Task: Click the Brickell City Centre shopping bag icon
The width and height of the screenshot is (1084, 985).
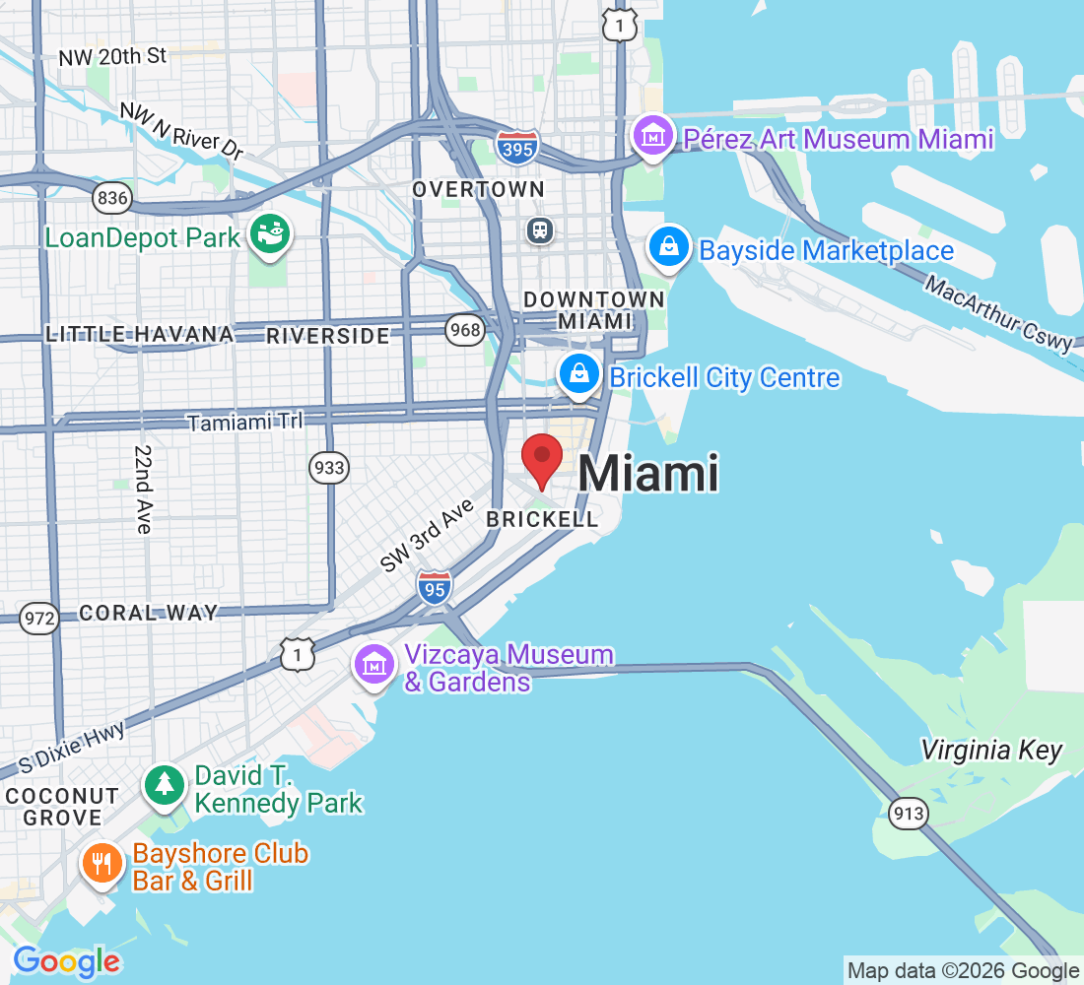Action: pyautogui.click(x=580, y=374)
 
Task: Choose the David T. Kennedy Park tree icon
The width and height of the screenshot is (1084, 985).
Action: pyautogui.click(x=165, y=784)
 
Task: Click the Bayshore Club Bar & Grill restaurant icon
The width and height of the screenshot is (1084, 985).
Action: pyautogui.click(x=101, y=864)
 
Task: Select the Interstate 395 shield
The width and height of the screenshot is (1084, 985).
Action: pyautogui.click(x=517, y=147)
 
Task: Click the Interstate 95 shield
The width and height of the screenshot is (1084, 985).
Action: pyautogui.click(x=434, y=587)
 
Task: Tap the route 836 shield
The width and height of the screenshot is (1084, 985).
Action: pyautogui.click(x=112, y=198)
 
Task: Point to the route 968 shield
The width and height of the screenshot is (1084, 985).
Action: pyautogui.click(x=464, y=328)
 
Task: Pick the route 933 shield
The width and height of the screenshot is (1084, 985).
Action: pyautogui.click(x=328, y=467)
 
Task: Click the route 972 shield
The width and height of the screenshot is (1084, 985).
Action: pyautogui.click(x=39, y=619)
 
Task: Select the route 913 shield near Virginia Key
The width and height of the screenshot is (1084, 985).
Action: pyautogui.click(x=906, y=813)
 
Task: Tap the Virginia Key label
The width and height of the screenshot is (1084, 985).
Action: pyautogui.click(x=991, y=751)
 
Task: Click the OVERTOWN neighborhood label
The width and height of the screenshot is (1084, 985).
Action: pyautogui.click(x=478, y=188)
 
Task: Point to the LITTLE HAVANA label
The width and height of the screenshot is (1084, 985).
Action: pyautogui.click(x=140, y=335)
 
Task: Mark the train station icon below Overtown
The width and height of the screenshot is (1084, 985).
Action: pyautogui.click(x=540, y=230)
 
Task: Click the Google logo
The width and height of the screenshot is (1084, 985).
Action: pyautogui.click(x=66, y=961)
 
